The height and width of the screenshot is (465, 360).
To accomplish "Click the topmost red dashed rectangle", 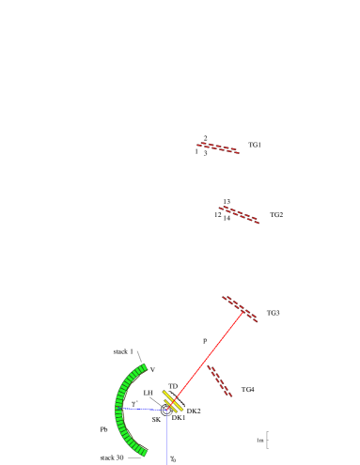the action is pyautogui.click(x=218, y=147).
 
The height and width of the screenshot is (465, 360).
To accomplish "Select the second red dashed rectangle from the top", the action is pyautogui.click(x=239, y=215).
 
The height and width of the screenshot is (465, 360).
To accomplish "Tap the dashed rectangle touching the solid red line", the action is pyautogui.click(x=240, y=309).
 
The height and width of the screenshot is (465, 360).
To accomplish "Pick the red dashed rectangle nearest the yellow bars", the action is pyautogui.click(x=219, y=380).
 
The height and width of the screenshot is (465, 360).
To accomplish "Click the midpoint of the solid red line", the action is pyautogui.click(x=207, y=359).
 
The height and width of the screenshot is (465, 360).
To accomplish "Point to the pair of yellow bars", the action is pyautogui.click(x=173, y=402).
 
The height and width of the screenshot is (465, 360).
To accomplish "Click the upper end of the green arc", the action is pyautogui.click(x=144, y=366).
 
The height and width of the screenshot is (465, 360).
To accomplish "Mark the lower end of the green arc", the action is pyautogui.click(x=144, y=454).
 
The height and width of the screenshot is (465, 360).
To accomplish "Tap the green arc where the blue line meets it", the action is pyautogui.click(x=119, y=409).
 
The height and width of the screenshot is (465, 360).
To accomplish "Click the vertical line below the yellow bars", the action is pyautogui.click(x=167, y=437).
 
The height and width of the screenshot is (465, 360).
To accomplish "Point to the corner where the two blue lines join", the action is pyautogui.click(x=167, y=410).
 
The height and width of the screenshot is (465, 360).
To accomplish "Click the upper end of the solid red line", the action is pyautogui.click(x=243, y=312).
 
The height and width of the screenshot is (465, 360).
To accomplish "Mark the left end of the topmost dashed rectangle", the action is pyautogui.click(x=198, y=144).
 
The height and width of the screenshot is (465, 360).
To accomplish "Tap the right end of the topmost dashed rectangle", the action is pyautogui.click(x=239, y=151).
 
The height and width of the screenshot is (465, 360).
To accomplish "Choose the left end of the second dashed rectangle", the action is pyautogui.click(x=221, y=208).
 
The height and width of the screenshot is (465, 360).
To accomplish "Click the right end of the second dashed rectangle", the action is pyautogui.click(x=258, y=222).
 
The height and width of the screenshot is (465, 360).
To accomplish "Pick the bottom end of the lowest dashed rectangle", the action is pyautogui.click(x=229, y=395).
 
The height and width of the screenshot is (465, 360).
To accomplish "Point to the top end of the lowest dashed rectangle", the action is pyautogui.click(x=209, y=366).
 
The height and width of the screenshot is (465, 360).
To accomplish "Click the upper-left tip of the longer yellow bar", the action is pyautogui.click(x=164, y=392).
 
